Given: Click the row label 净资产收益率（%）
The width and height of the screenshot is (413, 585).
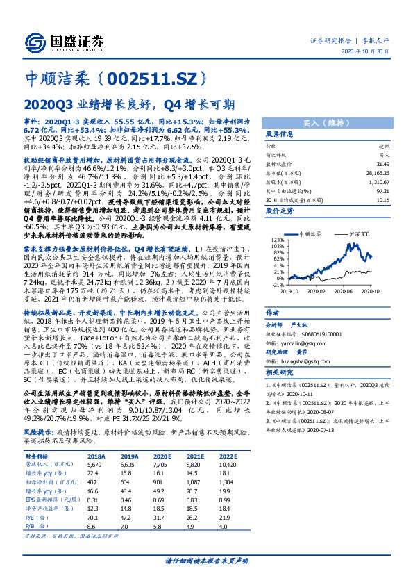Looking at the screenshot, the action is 47,509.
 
